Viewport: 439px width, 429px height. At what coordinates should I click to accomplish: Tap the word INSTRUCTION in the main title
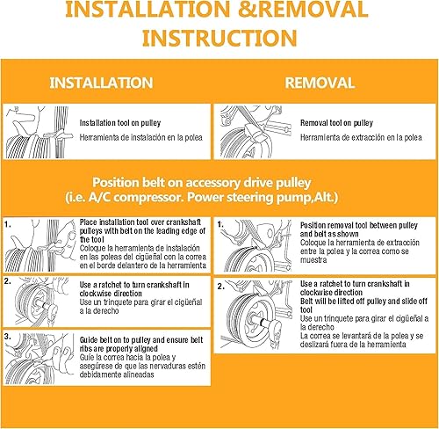(x=219, y=40)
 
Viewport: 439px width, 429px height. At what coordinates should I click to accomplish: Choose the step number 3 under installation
(x=8, y=336)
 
